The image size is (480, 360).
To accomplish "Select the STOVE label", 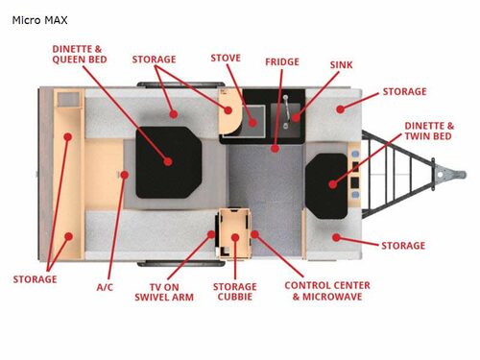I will point(225,59).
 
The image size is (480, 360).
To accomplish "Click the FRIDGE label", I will point(282,61).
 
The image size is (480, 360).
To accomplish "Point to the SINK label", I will point(341,65).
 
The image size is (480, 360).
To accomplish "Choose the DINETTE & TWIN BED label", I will point(429,132).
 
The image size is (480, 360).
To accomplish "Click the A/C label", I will point(106,286).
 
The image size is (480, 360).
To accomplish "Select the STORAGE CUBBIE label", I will point(235,292).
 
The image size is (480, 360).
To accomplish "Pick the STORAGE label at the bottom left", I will point(35,279).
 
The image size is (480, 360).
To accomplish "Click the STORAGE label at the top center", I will point(160,59).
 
